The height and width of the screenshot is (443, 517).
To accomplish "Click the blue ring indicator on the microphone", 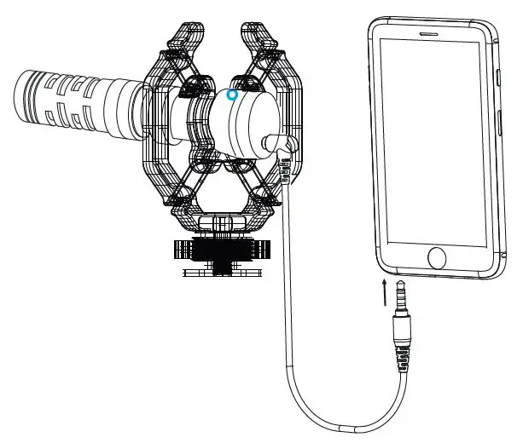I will (x=232, y=96).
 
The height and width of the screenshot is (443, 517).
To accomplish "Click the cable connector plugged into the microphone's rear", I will (x=282, y=147).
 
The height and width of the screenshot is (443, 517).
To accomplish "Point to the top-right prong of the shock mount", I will (x=259, y=38).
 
